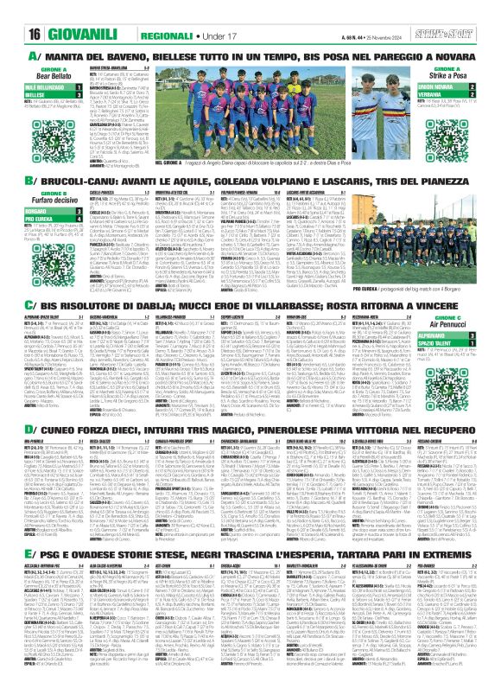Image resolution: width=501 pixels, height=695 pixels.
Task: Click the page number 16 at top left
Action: pos(17,13)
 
